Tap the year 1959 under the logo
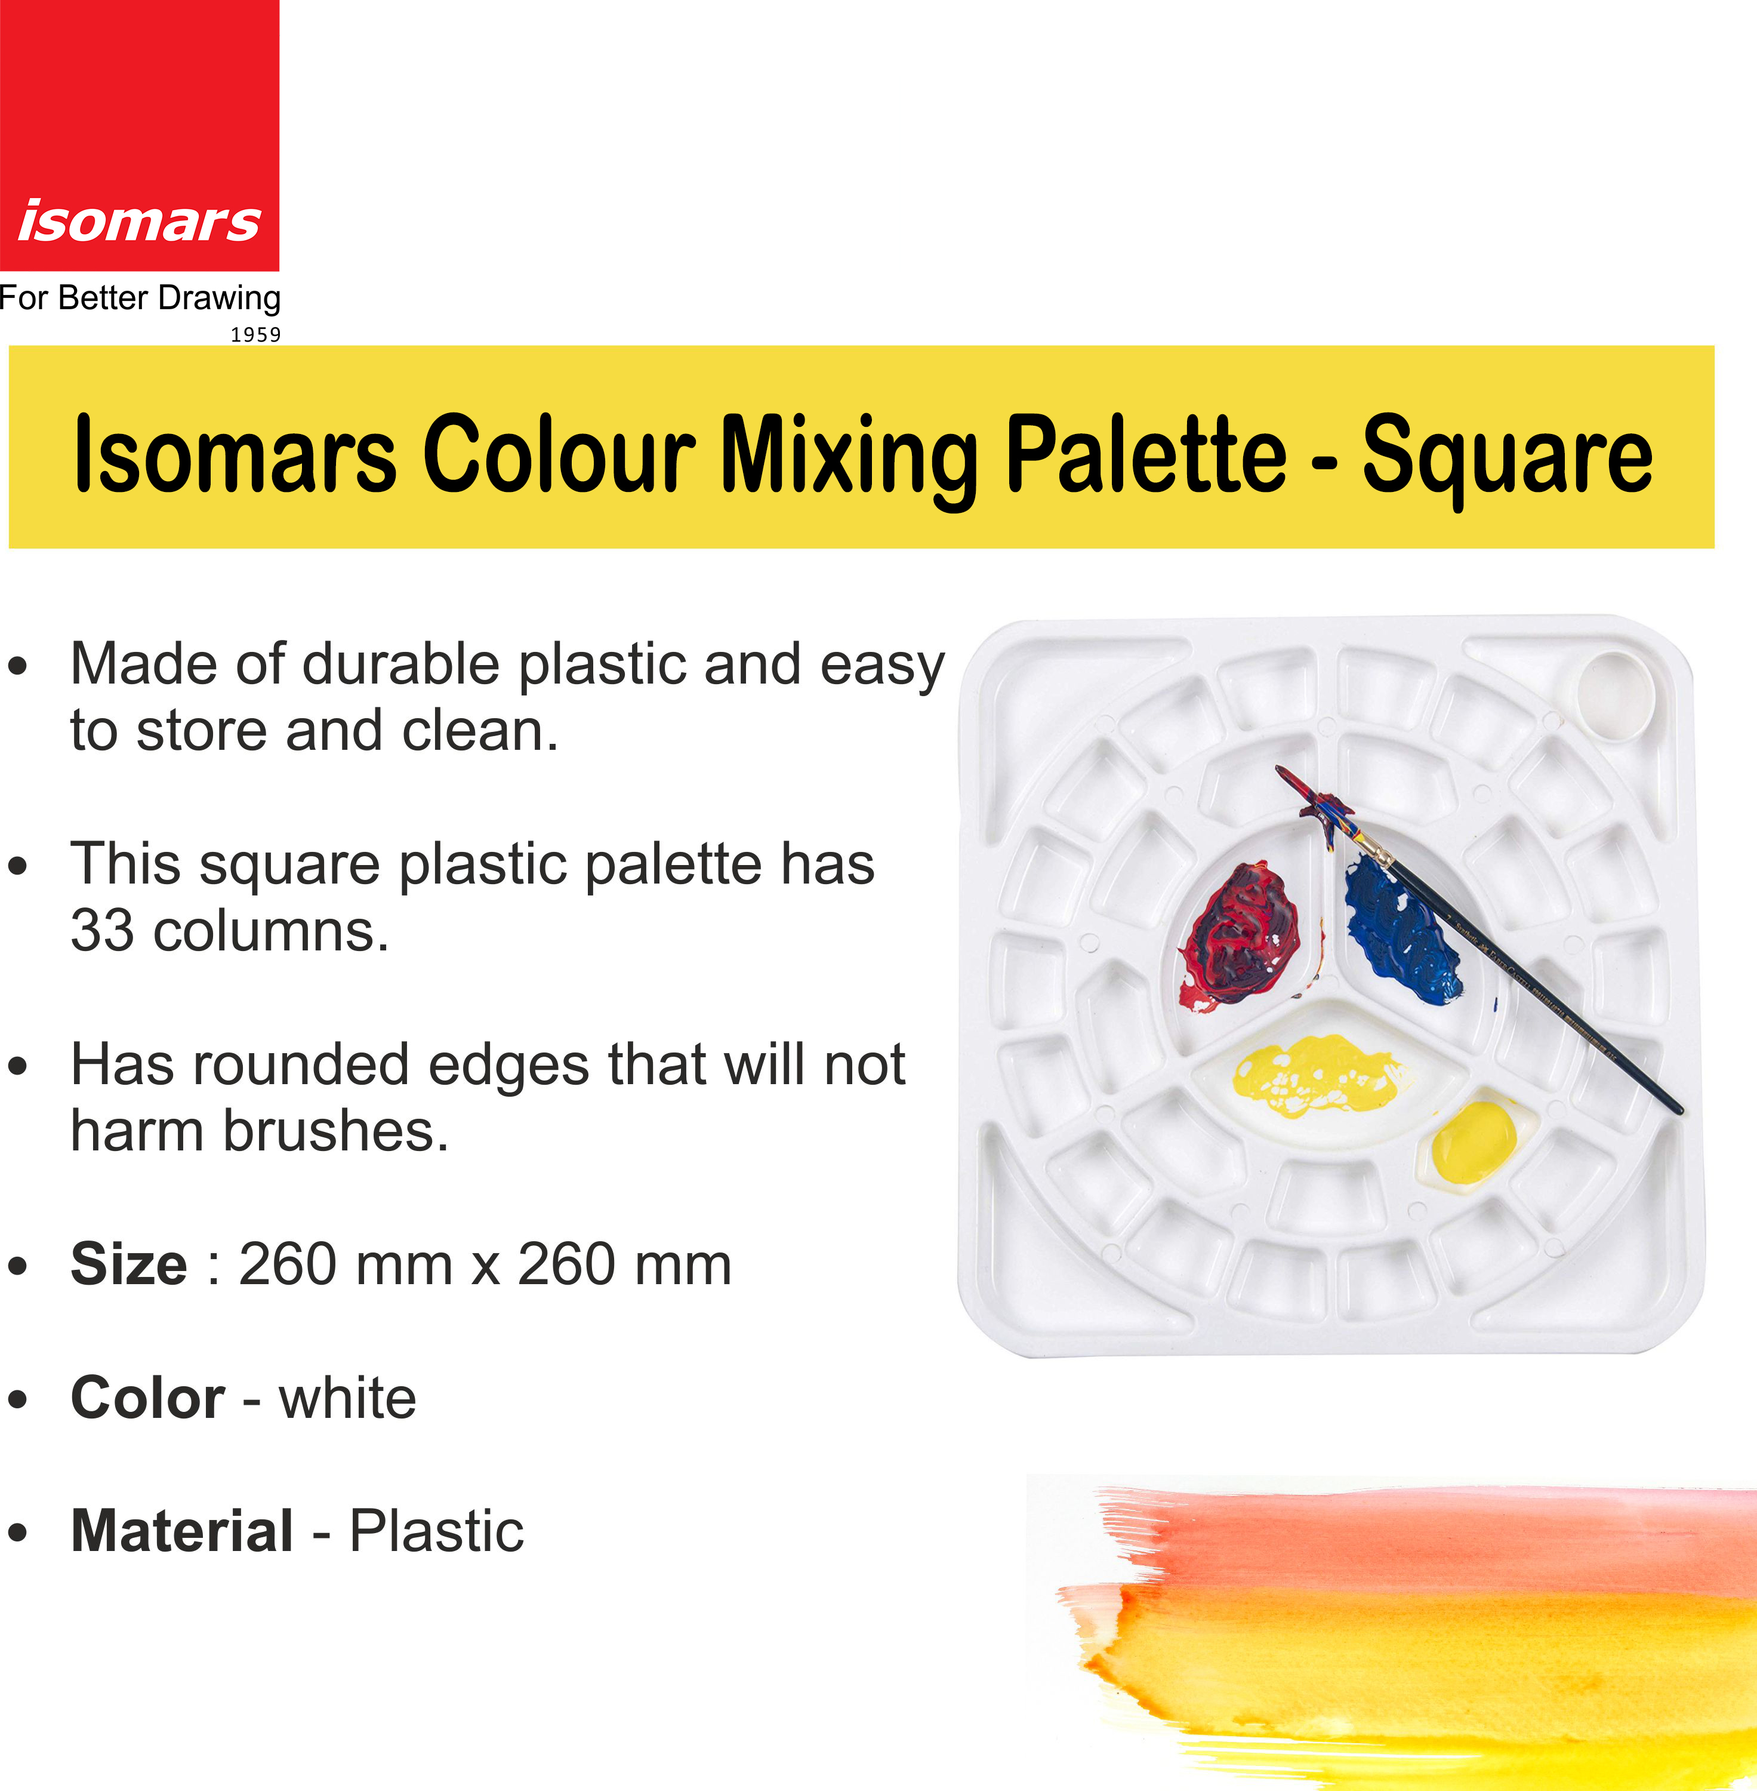255,334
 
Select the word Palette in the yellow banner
1145,454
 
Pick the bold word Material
183,1531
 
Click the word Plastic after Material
436,1531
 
